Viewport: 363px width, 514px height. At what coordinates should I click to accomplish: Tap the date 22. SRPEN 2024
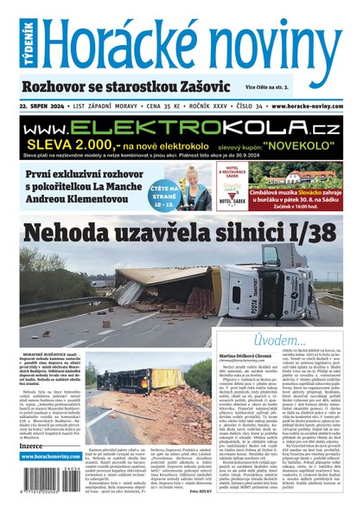pos(48,106)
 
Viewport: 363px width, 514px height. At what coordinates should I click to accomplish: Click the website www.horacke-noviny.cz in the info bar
pos(307,106)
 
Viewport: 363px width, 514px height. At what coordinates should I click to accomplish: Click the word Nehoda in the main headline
pos(77,233)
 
